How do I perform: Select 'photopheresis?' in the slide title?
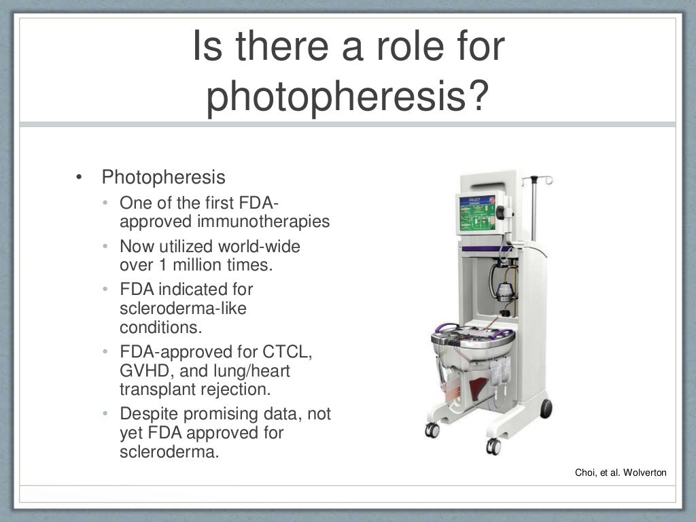[x=347, y=97]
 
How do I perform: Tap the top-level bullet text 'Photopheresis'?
[x=163, y=177]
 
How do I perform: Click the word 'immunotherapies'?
[x=264, y=222]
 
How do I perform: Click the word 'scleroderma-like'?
[x=183, y=309]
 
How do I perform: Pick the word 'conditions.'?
[x=161, y=327]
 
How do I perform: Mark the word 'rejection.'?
[x=234, y=389]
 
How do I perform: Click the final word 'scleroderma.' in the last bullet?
[x=169, y=452]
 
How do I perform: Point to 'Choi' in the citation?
[x=586, y=472]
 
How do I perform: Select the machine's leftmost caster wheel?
[x=431, y=430]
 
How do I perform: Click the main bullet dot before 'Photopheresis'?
[x=80, y=178]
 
